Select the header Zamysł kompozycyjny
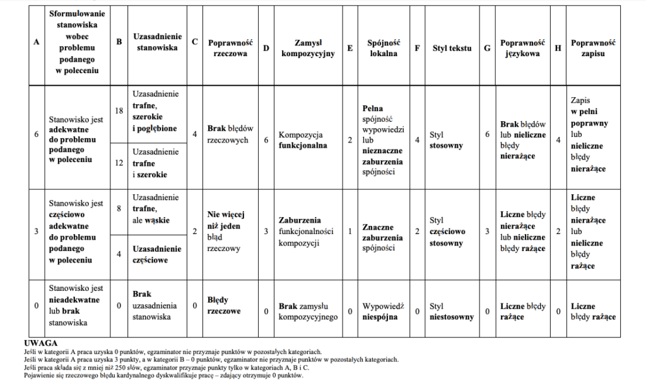[x=307, y=48]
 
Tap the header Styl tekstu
[x=452, y=48]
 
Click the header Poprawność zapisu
[x=592, y=48]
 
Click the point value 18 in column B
[x=119, y=111]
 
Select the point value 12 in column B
[x=119, y=163]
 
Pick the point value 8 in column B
[x=119, y=208]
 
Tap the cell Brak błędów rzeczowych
[x=228, y=134]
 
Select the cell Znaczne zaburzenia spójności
[x=382, y=237]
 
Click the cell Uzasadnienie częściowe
[x=156, y=254]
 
